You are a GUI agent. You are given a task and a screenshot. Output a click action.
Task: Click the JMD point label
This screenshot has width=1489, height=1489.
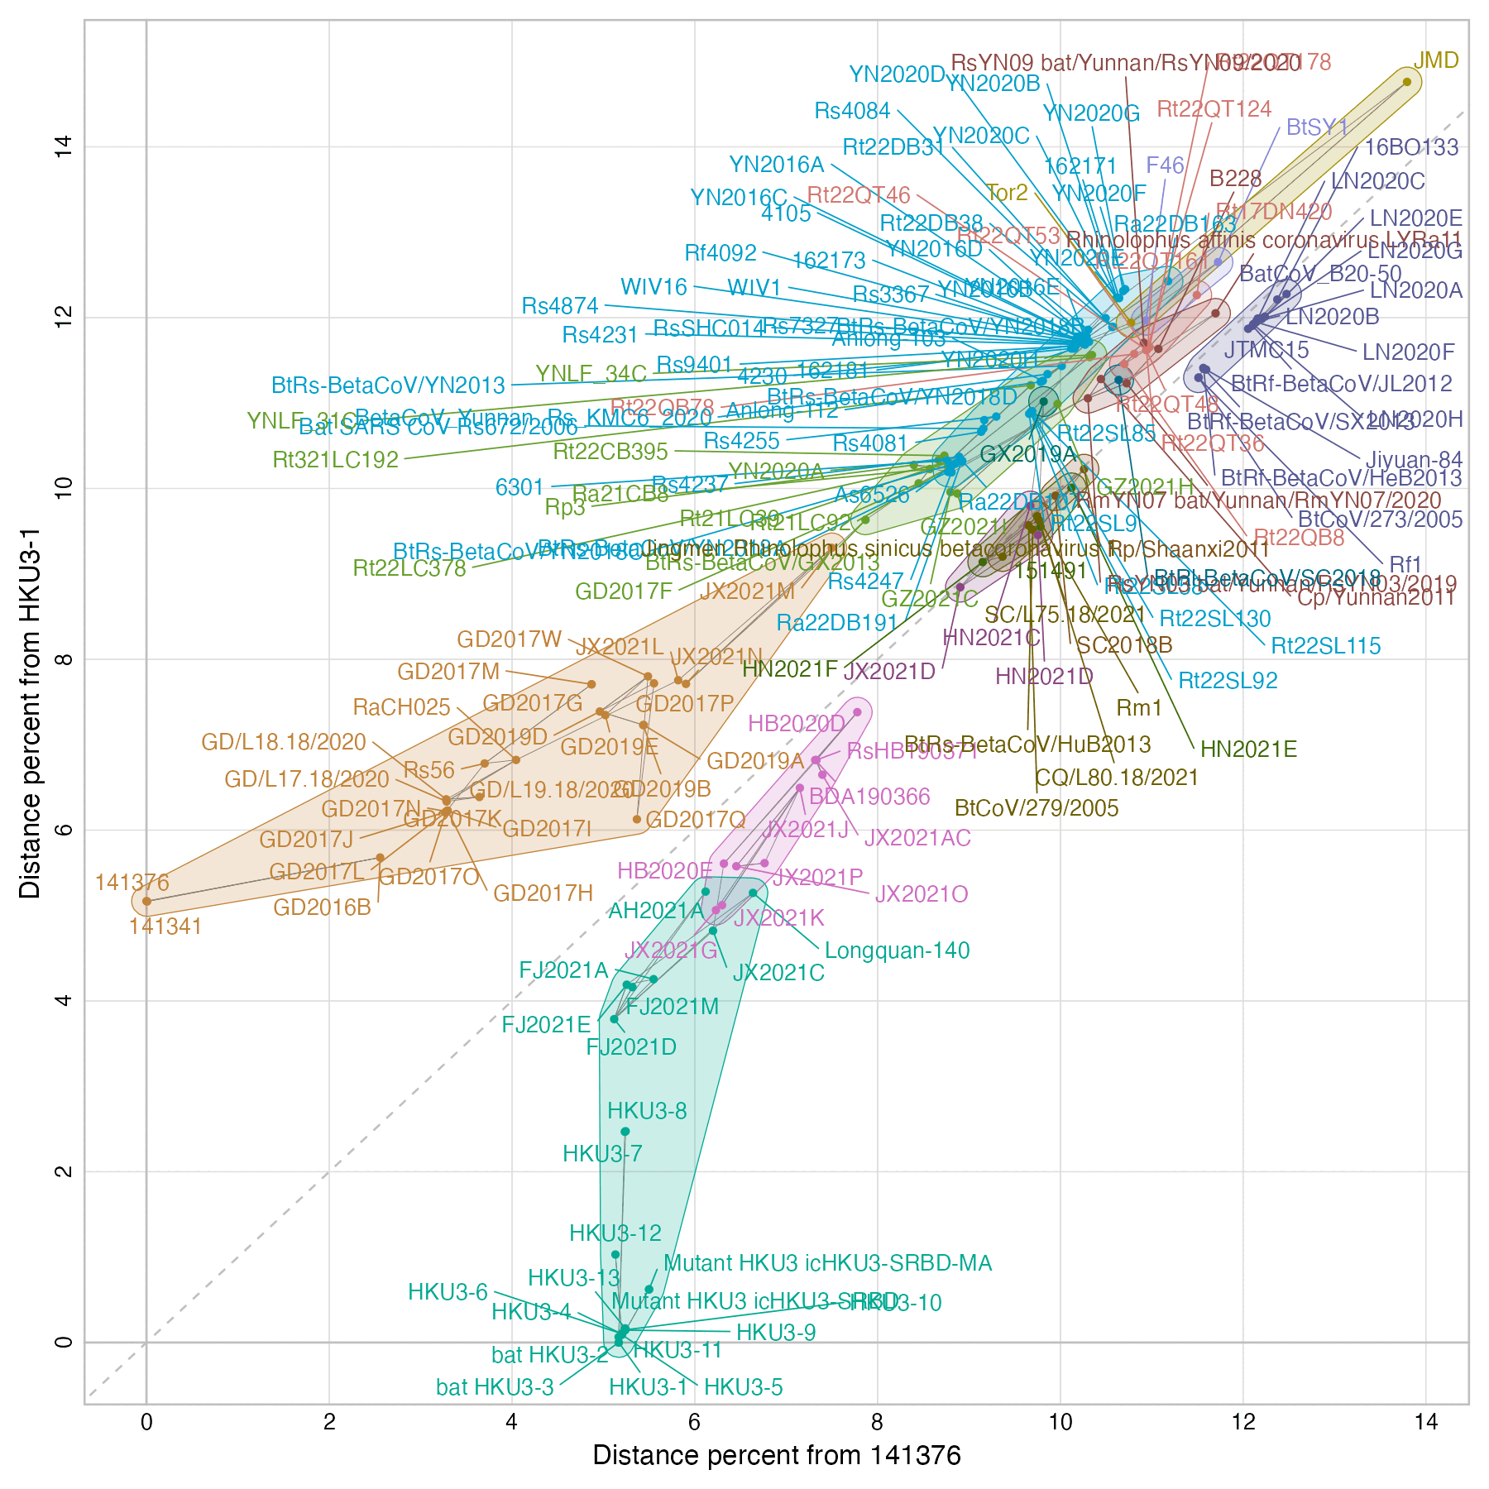1436,60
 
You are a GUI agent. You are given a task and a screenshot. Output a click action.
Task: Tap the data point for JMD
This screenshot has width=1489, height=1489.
1406,82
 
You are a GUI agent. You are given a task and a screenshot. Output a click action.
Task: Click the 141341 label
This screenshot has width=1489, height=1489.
165,926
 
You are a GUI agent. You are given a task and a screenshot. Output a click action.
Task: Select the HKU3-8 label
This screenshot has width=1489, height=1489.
647,1111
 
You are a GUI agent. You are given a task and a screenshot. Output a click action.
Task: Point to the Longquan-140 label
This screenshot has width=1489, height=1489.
897,950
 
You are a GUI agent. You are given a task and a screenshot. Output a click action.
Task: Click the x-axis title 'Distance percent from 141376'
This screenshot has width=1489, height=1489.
777,1455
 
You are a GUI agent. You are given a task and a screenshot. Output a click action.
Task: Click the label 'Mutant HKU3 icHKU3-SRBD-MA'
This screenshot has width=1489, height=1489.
827,1263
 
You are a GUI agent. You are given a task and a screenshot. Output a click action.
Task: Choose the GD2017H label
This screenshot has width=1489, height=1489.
543,893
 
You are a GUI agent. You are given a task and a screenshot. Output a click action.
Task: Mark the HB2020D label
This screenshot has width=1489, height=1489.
797,723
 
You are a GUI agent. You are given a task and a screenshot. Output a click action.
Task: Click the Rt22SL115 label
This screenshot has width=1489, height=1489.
1325,646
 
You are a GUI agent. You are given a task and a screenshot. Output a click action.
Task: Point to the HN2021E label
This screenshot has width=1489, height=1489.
1248,750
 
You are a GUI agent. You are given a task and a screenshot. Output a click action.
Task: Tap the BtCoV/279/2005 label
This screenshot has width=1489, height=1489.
1037,808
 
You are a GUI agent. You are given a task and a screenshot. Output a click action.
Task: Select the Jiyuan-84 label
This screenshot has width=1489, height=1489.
1414,460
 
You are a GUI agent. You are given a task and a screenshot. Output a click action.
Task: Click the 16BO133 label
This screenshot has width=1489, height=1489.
1411,148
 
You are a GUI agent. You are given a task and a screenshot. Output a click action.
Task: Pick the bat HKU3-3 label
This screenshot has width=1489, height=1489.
495,1387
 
